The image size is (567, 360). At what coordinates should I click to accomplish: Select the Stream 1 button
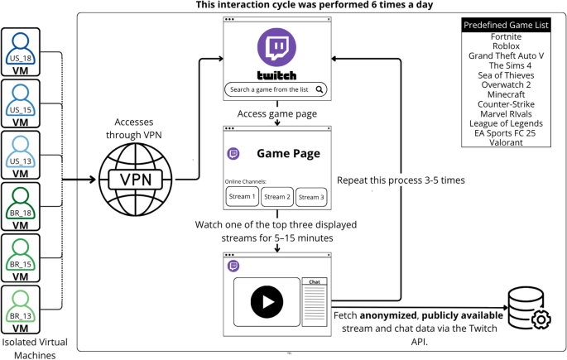(243, 197)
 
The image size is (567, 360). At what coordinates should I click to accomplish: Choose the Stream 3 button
(311, 197)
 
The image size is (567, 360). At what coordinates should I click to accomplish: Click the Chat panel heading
(315, 282)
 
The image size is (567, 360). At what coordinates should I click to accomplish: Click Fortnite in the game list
(505, 37)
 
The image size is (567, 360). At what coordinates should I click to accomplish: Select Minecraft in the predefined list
(507, 94)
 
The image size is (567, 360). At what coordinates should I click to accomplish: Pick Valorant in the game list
(506, 142)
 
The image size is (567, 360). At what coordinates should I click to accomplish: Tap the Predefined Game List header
(506, 25)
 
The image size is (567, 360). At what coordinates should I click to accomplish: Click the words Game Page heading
(288, 153)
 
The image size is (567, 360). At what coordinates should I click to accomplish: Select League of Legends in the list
(506, 122)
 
